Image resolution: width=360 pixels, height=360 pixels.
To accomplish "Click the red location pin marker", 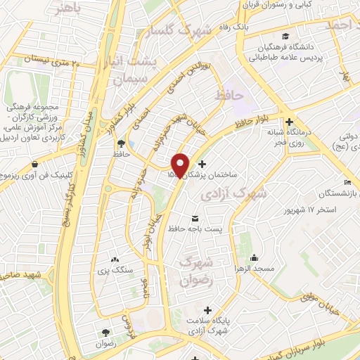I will coord(181,165).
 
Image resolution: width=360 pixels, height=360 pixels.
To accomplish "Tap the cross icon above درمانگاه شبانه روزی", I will coord(289,121).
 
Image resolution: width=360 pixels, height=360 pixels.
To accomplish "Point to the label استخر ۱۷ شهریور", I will coord(321,210).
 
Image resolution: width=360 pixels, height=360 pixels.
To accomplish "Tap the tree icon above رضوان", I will coord(105,333).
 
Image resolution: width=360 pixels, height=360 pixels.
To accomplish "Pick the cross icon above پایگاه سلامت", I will coord(207,310).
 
